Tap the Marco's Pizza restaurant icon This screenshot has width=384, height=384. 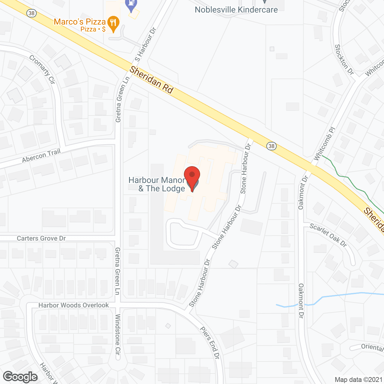[113, 23]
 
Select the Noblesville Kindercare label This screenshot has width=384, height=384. [236, 10]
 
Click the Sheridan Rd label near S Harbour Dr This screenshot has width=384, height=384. [151, 80]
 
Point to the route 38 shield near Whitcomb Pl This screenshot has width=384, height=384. [271, 146]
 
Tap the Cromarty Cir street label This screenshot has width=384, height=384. [42, 69]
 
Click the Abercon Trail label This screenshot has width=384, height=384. [41, 156]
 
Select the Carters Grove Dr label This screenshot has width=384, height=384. [41, 238]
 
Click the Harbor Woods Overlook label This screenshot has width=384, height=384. [73, 305]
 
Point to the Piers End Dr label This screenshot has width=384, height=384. [210, 342]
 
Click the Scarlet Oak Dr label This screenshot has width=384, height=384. [328, 235]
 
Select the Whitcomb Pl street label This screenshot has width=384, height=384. [324, 144]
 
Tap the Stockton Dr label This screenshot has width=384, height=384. [344, 60]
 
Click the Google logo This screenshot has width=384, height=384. [20, 377]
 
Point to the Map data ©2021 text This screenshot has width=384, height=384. [358, 379]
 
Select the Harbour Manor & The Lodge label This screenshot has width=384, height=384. [157, 184]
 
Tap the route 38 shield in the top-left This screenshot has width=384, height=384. [31, 13]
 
